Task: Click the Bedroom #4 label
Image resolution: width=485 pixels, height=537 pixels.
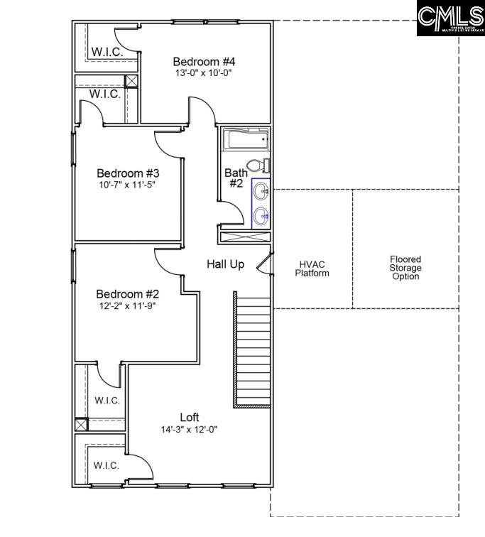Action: coord(204,61)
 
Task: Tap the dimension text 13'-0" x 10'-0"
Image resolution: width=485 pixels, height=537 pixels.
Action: coord(204,72)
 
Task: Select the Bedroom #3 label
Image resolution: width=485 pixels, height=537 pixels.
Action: coord(128,173)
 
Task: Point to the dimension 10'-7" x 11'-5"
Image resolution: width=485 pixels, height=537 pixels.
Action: coord(128,184)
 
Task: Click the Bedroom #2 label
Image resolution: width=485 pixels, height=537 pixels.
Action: coord(128,294)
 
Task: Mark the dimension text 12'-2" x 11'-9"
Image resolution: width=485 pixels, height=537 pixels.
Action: coord(128,305)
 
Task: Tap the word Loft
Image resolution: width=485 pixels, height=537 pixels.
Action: coord(189,417)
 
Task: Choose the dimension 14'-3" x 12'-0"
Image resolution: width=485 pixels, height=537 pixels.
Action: coord(189,429)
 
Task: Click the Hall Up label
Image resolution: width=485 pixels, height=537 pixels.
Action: coord(225,264)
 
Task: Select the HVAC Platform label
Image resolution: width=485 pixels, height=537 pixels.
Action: coord(312,268)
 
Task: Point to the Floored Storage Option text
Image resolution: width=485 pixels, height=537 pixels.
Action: coord(405,268)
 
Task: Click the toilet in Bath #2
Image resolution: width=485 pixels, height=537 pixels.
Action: coord(263,166)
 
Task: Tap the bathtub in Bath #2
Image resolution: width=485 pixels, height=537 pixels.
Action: coord(245,139)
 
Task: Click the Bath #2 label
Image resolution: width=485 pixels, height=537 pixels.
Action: coord(236,178)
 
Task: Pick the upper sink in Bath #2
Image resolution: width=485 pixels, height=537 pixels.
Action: coord(261,191)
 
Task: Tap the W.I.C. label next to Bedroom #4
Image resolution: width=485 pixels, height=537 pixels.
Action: coord(107,52)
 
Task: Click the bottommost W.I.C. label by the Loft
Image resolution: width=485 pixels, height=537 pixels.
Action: coord(107,465)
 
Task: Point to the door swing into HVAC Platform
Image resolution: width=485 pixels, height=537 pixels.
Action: coord(265,264)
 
